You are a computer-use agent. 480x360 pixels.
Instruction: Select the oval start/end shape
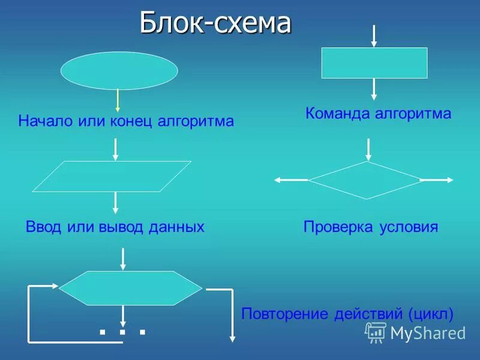click(119, 71)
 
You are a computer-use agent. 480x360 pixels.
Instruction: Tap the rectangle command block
click(374, 63)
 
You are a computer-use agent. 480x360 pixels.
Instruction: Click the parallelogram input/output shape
click(112, 176)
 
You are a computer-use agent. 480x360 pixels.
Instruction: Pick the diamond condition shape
click(366, 180)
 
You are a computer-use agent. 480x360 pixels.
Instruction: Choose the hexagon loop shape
click(131, 288)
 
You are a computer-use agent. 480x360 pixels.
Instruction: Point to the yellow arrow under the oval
click(118, 97)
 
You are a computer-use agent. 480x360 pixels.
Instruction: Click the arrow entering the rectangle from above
click(374, 36)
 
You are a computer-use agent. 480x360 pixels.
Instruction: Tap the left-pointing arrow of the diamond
click(291, 179)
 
